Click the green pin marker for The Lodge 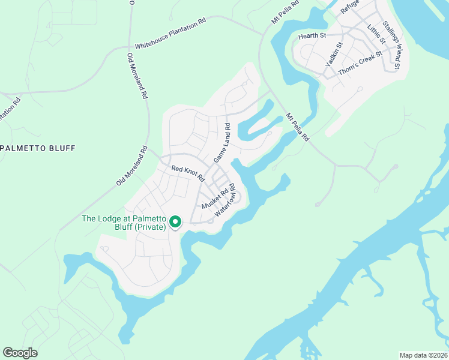click(175, 222)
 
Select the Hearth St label click(312, 36)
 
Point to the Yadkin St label click(334, 54)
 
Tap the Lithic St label click(376, 34)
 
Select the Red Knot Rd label click(188, 174)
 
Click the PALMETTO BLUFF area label click(38, 148)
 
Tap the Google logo click(20, 353)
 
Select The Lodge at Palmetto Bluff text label click(124, 223)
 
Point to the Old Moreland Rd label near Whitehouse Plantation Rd click(137, 76)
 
